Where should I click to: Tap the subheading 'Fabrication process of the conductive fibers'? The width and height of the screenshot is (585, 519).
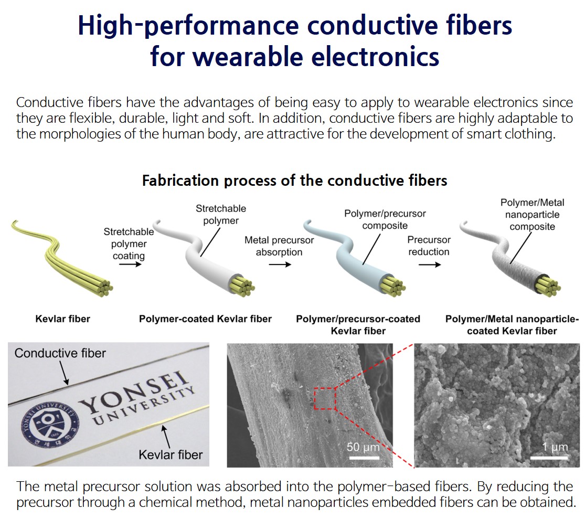(x=294, y=181)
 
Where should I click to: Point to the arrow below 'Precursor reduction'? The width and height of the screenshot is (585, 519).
(x=430, y=265)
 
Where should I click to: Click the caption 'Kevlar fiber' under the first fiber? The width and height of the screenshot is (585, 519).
(x=62, y=319)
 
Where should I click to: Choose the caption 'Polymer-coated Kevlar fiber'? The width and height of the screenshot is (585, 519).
(x=205, y=319)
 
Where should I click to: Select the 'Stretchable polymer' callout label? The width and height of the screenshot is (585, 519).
(x=220, y=214)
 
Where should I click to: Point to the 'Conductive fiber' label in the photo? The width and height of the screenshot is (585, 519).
(x=60, y=353)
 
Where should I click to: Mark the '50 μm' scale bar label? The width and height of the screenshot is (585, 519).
(x=364, y=448)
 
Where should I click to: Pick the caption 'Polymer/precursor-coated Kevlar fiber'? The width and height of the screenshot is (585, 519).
(x=358, y=324)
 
